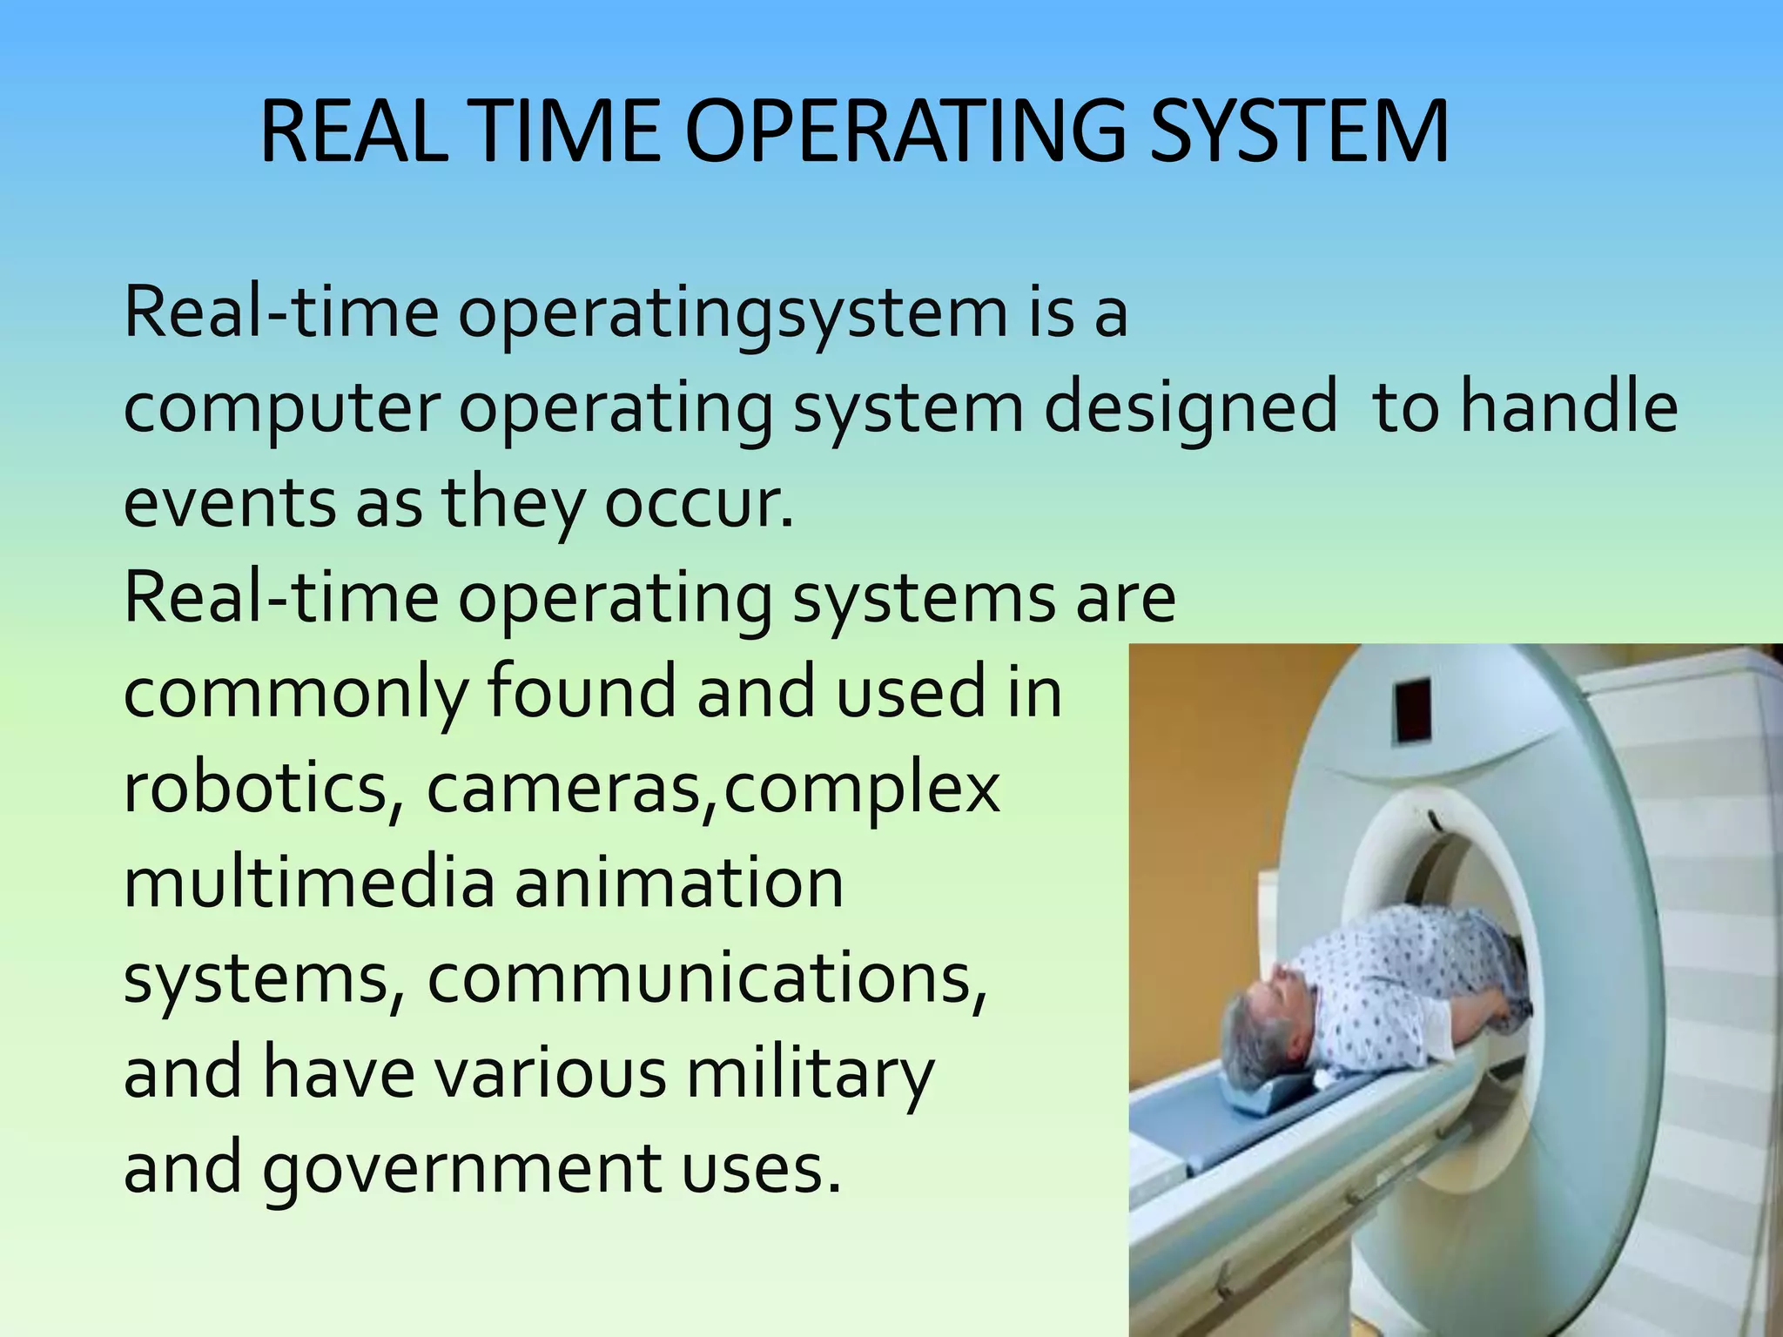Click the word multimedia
[309, 884]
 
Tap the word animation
[678, 884]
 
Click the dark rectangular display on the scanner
[1411, 710]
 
